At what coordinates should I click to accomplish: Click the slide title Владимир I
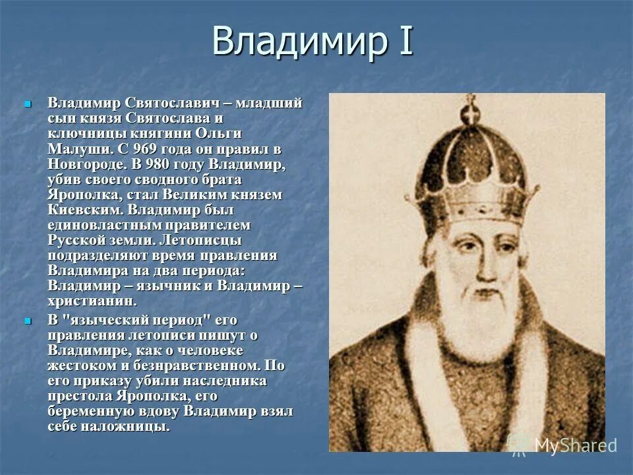pos(312,41)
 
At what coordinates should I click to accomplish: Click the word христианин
pos(92,301)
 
